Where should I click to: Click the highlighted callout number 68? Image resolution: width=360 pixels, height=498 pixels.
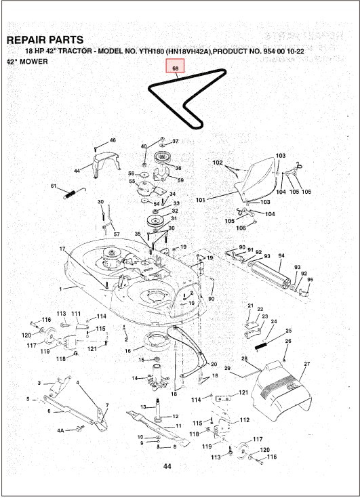coord(175,68)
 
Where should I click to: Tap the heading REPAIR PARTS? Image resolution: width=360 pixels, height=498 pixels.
coord(45,40)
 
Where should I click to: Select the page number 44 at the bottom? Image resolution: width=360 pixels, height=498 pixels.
coord(168,468)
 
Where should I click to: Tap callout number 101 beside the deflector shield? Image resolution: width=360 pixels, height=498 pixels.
coord(200,200)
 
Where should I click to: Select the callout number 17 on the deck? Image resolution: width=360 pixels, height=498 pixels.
coord(62,249)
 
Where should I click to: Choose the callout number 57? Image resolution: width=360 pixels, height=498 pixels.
coord(116,234)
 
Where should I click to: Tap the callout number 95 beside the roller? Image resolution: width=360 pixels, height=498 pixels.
coord(311,280)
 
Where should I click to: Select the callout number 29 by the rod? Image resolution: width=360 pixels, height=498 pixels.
coord(228,368)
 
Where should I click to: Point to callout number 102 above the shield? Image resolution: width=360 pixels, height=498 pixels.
coord(218,163)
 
